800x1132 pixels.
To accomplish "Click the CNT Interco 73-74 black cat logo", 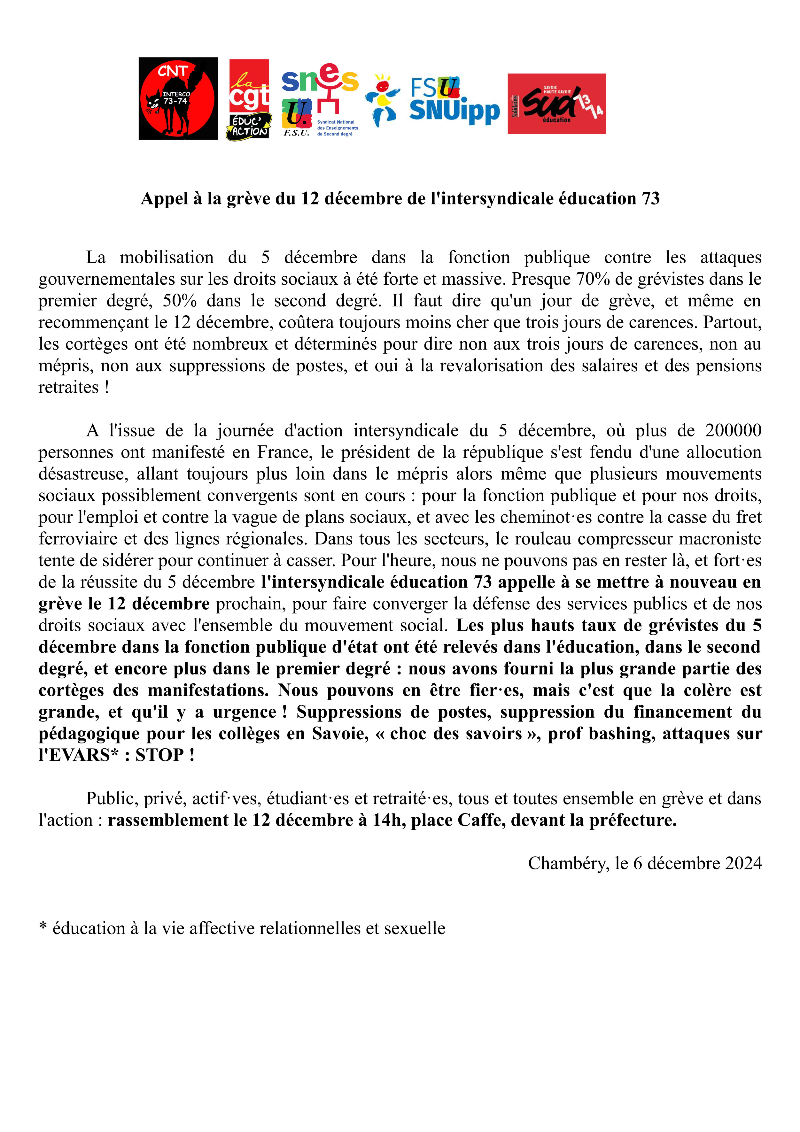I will [178, 99].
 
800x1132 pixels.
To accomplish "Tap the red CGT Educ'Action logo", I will [249, 99].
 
